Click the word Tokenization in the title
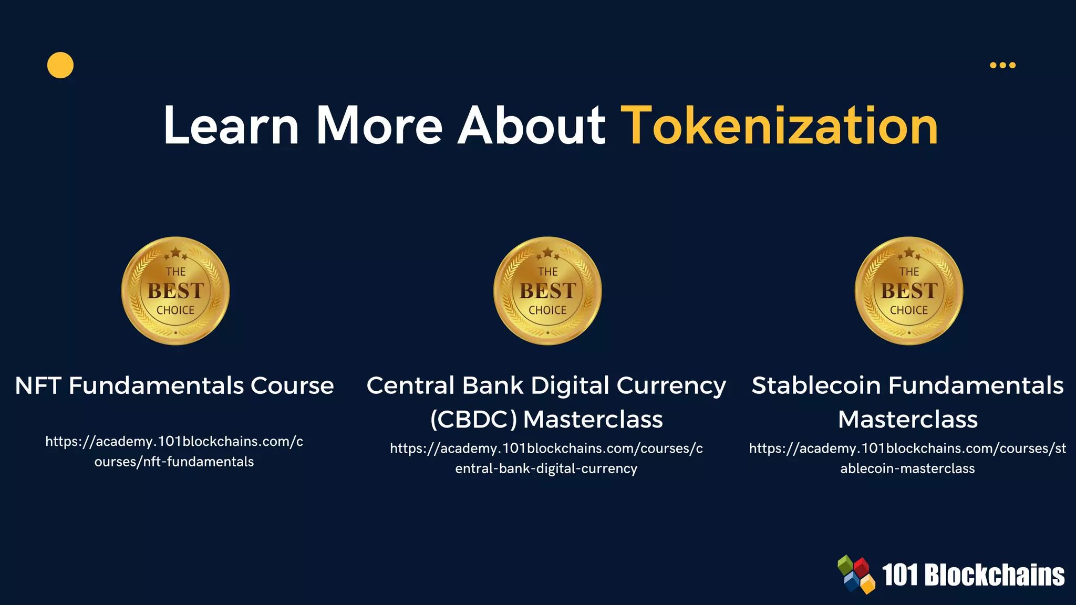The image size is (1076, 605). pyautogui.click(x=780, y=126)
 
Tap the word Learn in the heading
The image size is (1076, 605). pyautogui.click(x=231, y=126)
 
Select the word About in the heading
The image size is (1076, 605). pyautogui.click(x=532, y=126)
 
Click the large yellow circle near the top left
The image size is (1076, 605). pyautogui.click(x=60, y=65)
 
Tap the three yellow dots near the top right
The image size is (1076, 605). pyautogui.click(x=1002, y=65)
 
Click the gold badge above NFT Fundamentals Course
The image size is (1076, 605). pyautogui.click(x=175, y=291)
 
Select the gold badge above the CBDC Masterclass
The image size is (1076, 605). pyautogui.click(x=547, y=291)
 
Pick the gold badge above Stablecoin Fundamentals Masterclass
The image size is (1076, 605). pyautogui.click(x=909, y=291)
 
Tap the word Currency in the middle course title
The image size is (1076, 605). pyautogui.click(x=671, y=387)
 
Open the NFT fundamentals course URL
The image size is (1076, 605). pyautogui.click(x=174, y=451)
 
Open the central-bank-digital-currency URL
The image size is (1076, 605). pyautogui.click(x=546, y=458)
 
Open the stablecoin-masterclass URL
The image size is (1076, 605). pyautogui.click(x=907, y=458)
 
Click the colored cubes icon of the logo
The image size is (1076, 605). pyautogui.click(x=856, y=574)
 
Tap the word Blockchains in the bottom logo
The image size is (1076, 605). pyautogui.click(x=994, y=575)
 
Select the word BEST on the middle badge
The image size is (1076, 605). pyautogui.click(x=547, y=291)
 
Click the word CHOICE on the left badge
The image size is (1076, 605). pyautogui.click(x=175, y=310)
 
